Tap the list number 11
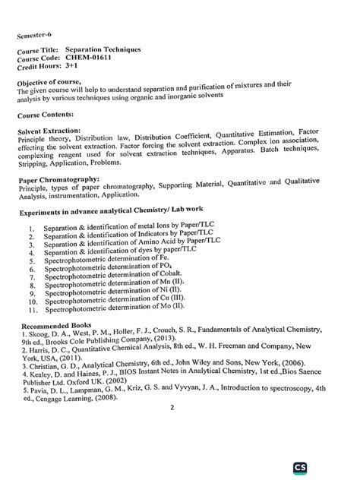31,310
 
